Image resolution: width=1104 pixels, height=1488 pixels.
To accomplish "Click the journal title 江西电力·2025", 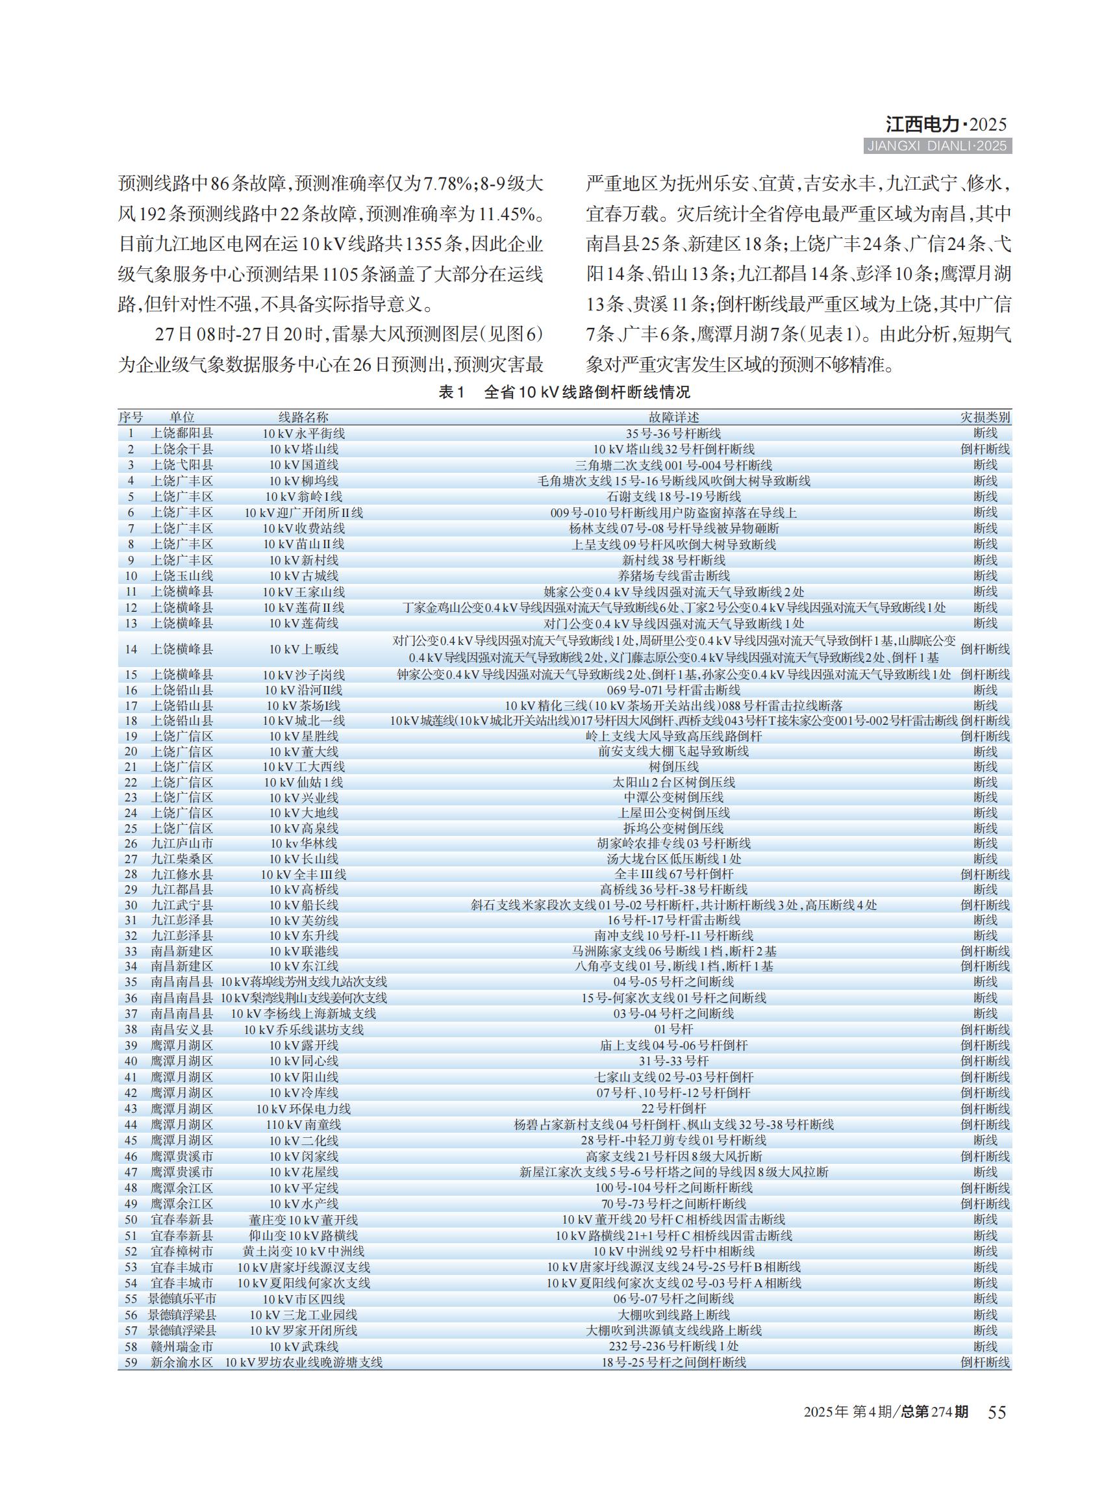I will pyautogui.click(x=946, y=124).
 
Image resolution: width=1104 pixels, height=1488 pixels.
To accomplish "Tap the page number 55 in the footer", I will pyautogui.click(x=996, y=1412).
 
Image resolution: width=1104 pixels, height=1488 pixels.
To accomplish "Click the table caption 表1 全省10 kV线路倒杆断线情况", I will pyautogui.click(x=564, y=392).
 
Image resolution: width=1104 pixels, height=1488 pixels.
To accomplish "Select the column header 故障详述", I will pyautogui.click(x=673, y=417).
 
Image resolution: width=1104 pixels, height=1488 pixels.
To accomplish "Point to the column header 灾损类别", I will pyautogui.click(x=985, y=417).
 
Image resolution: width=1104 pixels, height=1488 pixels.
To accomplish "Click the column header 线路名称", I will pyautogui.click(x=303, y=417).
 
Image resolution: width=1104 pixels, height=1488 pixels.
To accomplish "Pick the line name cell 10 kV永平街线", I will pyautogui.click(x=303, y=433).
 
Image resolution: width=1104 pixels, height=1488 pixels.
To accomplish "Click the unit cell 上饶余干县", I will pyautogui.click(x=182, y=449).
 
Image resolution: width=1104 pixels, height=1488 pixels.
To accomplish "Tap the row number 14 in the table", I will pyautogui.click(x=131, y=649).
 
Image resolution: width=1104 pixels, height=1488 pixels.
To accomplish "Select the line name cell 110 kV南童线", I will pyautogui.click(x=303, y=1125).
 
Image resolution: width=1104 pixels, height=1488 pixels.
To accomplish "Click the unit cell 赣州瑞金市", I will pyautogui.click(x=182, y=1347).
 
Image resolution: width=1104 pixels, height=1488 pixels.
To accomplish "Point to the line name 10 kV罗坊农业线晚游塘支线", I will pyautogui.click(x=303, y=1363).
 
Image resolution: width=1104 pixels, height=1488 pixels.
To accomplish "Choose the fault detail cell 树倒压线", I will pyautogui.click(x=673, y=766).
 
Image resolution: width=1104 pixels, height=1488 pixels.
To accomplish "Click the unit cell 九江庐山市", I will pyautogui.click(x=182, y=844).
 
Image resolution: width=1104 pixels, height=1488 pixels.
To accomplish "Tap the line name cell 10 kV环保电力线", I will pyautogui.click(x=303, y=1109).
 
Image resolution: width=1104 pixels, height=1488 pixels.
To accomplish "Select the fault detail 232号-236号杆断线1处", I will pyautogui.click(x=673, y=1347).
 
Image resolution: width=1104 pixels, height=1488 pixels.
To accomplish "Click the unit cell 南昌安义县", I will pyautogui.click(x=182, y=1029).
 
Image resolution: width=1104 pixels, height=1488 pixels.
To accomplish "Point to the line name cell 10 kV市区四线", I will pyautogui.click(x=303, y=1299).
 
